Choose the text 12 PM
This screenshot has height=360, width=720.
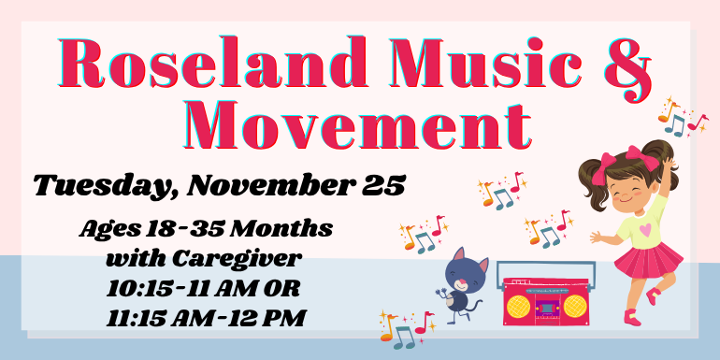[271, 317]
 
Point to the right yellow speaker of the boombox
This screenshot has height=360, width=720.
[572, 305]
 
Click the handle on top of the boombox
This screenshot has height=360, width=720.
[544, 267]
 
